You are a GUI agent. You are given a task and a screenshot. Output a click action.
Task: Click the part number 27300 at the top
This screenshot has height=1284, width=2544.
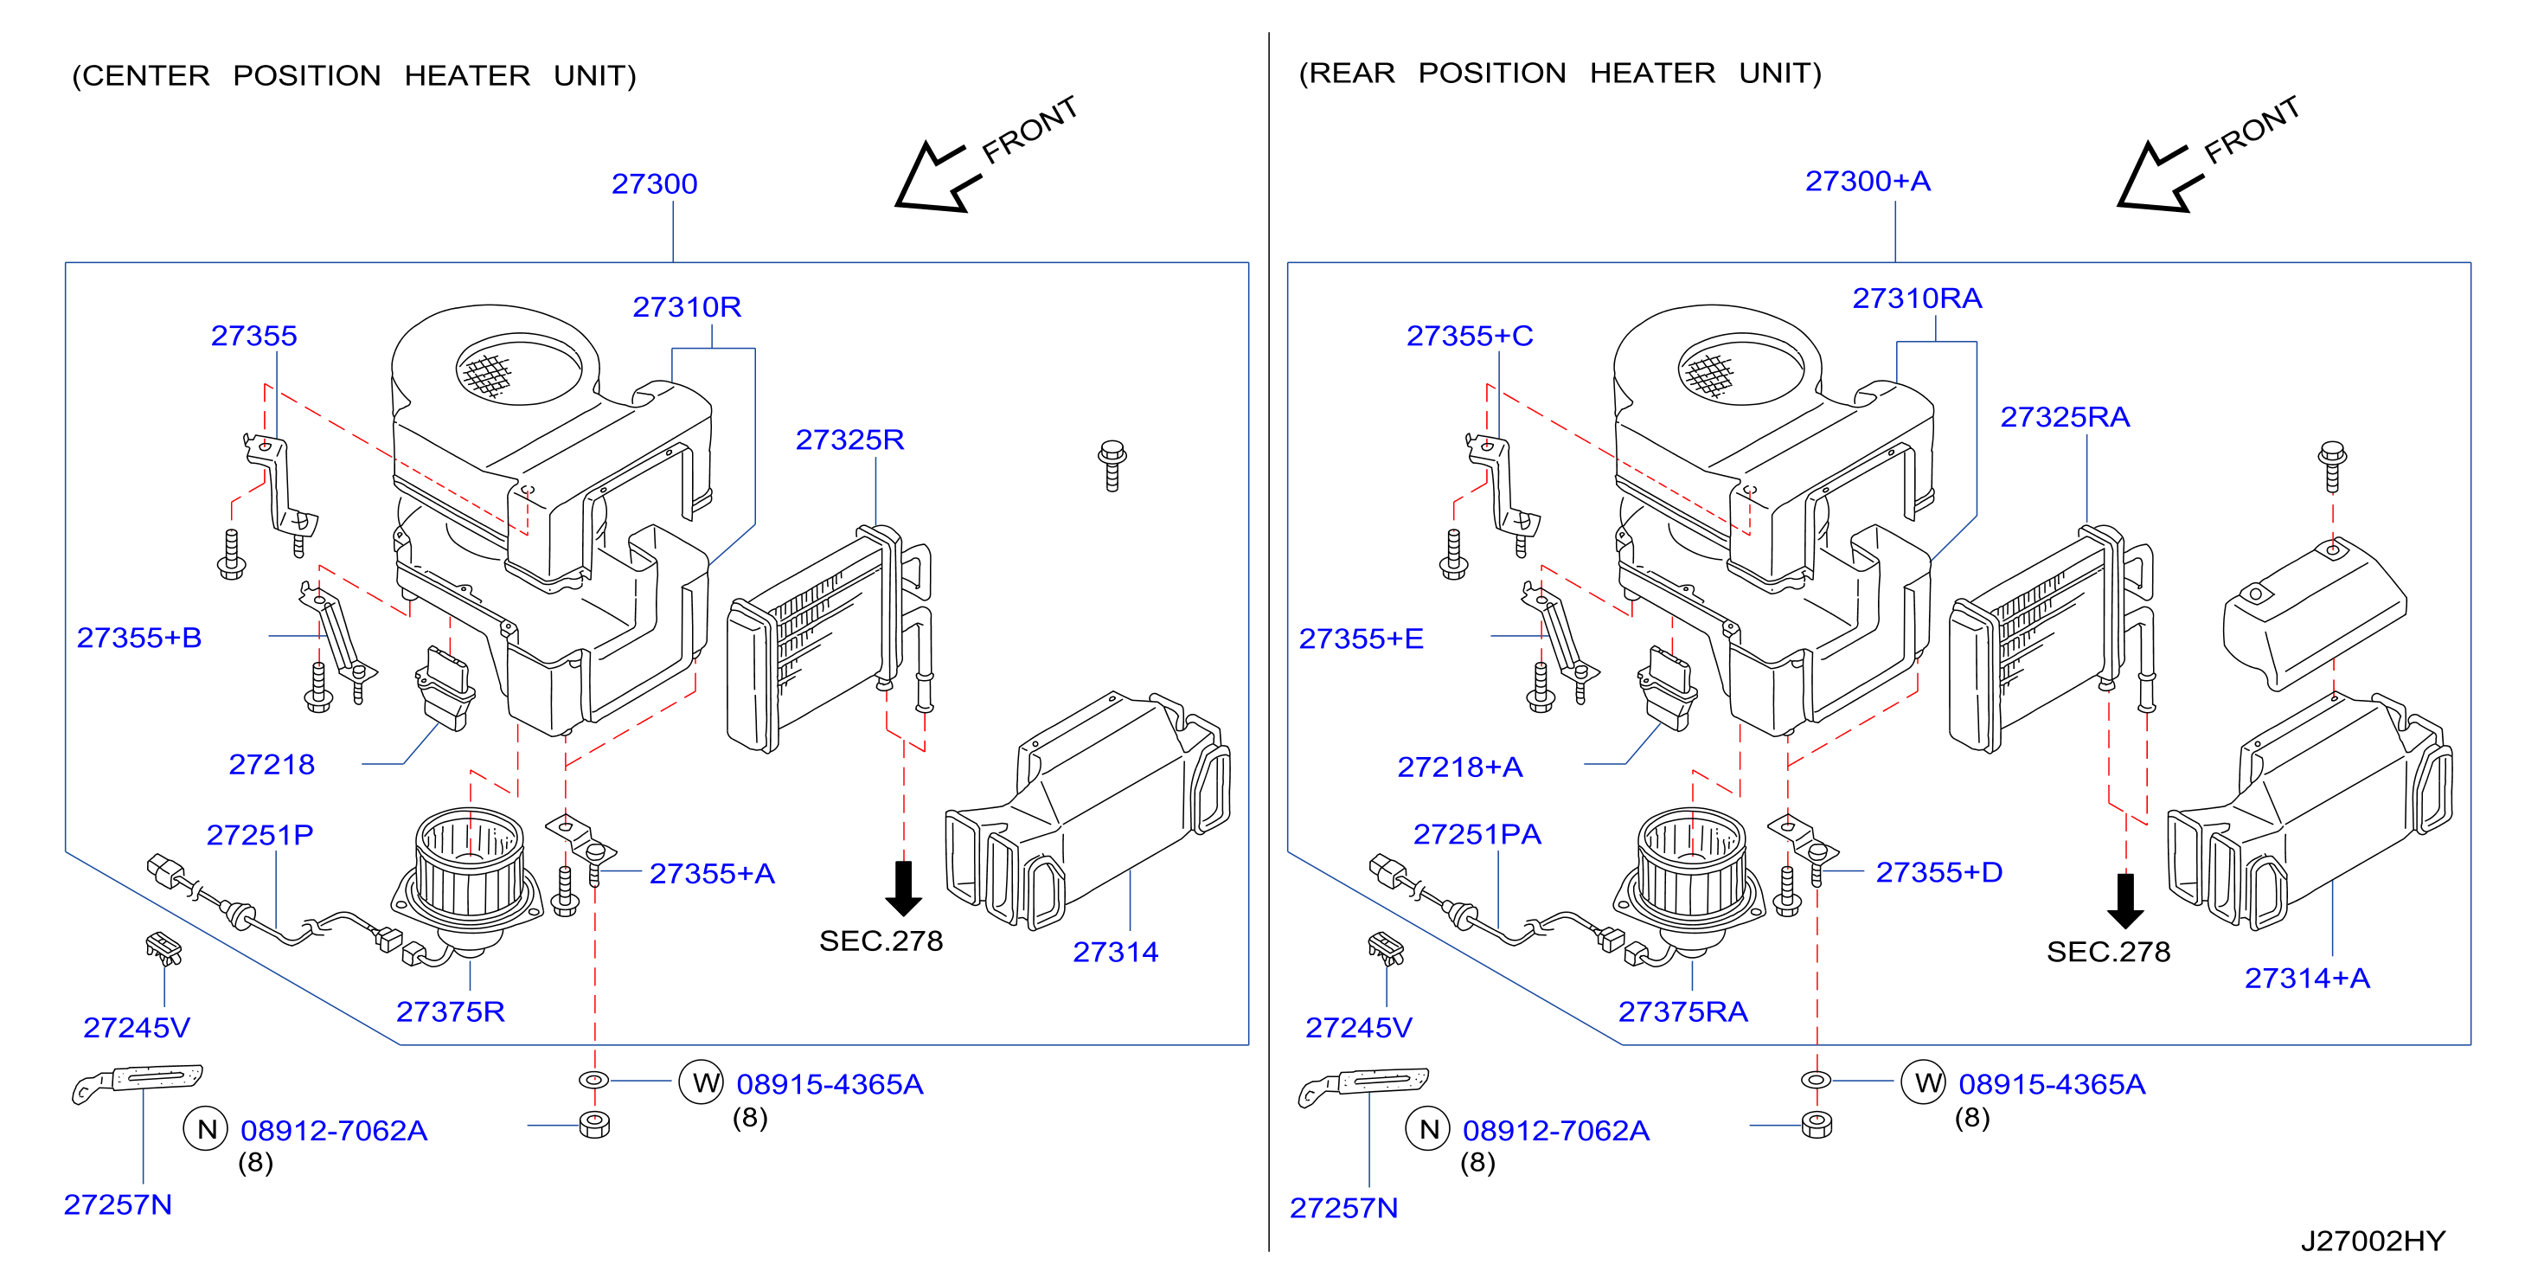654,183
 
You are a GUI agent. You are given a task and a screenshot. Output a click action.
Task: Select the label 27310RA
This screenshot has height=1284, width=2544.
1917,299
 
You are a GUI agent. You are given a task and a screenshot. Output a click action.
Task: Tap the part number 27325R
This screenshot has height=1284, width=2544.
849,440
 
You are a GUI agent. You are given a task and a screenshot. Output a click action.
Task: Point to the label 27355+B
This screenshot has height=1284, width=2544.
139,638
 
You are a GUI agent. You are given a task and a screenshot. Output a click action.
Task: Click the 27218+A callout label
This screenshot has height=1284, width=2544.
1459,767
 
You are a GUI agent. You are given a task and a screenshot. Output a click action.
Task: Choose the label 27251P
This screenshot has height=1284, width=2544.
260,836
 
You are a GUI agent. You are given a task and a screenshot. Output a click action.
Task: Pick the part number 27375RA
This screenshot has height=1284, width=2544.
1682,1012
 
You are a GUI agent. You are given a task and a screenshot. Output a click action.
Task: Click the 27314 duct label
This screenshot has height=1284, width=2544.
1115,952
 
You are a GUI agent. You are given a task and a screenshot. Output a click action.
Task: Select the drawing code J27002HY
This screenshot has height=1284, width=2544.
2373,1242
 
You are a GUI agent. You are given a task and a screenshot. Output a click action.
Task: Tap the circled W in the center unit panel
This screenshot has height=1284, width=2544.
702,1082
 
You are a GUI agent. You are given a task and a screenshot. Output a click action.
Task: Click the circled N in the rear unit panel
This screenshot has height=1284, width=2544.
1428,1129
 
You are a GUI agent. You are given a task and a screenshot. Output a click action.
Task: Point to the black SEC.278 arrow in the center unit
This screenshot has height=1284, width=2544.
904,888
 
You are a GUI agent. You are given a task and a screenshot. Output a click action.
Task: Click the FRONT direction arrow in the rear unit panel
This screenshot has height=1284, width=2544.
2160,177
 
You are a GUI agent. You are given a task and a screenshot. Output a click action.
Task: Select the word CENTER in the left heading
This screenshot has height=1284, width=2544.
145,76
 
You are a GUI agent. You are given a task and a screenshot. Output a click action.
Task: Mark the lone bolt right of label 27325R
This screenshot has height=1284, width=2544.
1112,466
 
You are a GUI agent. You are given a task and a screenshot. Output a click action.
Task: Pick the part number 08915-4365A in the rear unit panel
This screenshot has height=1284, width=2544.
2051,1084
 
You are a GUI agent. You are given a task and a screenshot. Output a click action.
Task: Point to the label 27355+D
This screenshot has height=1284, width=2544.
1938,873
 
